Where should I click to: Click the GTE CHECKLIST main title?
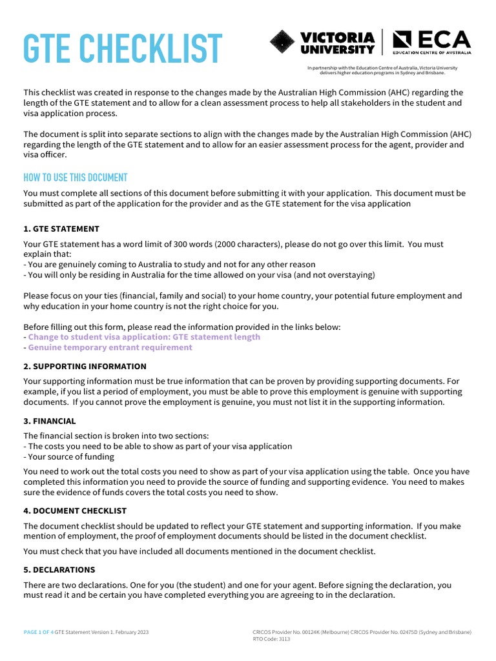click(123, 48)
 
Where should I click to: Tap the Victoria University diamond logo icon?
click(282, 43)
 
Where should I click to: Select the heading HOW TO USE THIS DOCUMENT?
click(75, 178)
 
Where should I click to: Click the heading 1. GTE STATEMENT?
click(61, 229)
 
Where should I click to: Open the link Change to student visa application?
click(144, 337)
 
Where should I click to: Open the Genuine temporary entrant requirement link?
click(110, 347)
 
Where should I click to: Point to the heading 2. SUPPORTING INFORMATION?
click(85, 367)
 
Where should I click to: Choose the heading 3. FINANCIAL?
click(49, 421)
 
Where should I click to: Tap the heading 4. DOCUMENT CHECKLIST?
click(74, 511)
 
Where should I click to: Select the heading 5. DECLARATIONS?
click(59, 570)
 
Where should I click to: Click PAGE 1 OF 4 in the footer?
click(38, 632)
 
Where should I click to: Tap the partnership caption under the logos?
click(382, 70)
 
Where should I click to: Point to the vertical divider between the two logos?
click(384, 43)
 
